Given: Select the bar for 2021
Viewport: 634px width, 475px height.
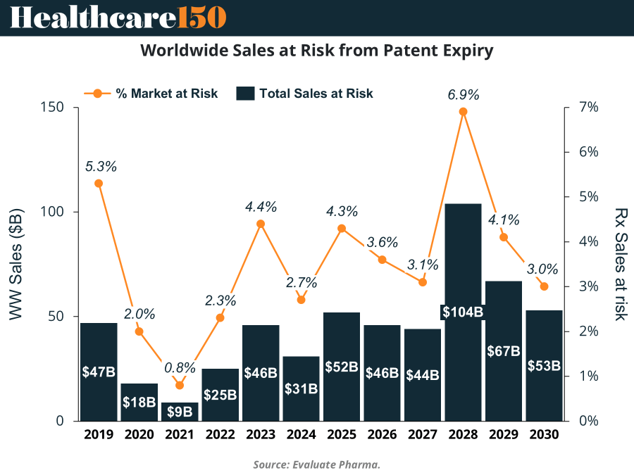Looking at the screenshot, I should (x=180, y=412).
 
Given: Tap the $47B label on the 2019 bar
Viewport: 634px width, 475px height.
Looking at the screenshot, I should (x=99, y=372).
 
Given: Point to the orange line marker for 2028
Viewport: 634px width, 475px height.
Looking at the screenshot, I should (x=463, y=111).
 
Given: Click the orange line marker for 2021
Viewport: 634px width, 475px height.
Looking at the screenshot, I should (x=180, y=385).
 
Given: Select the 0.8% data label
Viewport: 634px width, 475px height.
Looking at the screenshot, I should (x=180, y=368).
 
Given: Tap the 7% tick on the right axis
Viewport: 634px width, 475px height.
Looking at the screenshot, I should (x=589, y=108).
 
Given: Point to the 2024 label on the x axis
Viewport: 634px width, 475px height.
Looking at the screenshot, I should (x=301, y=435).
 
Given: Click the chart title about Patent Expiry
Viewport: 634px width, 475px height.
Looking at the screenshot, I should (x=317, y=51).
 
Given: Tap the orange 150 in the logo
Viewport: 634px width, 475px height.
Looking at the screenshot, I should (x=202, y=17).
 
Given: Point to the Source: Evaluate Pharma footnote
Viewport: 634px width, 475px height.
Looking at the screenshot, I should (x=317, y=464).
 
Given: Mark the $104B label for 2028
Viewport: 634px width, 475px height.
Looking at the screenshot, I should (x=463, y=312).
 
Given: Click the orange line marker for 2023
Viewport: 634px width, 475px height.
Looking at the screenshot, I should (x=261, y=224).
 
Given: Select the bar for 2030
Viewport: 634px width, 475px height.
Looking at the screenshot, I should (x=544, y=394).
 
